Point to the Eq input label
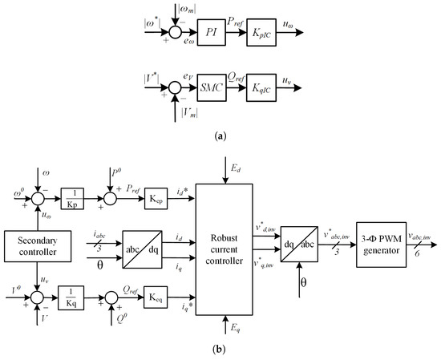tap(235, 326)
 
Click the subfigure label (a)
tap(220, 136)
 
